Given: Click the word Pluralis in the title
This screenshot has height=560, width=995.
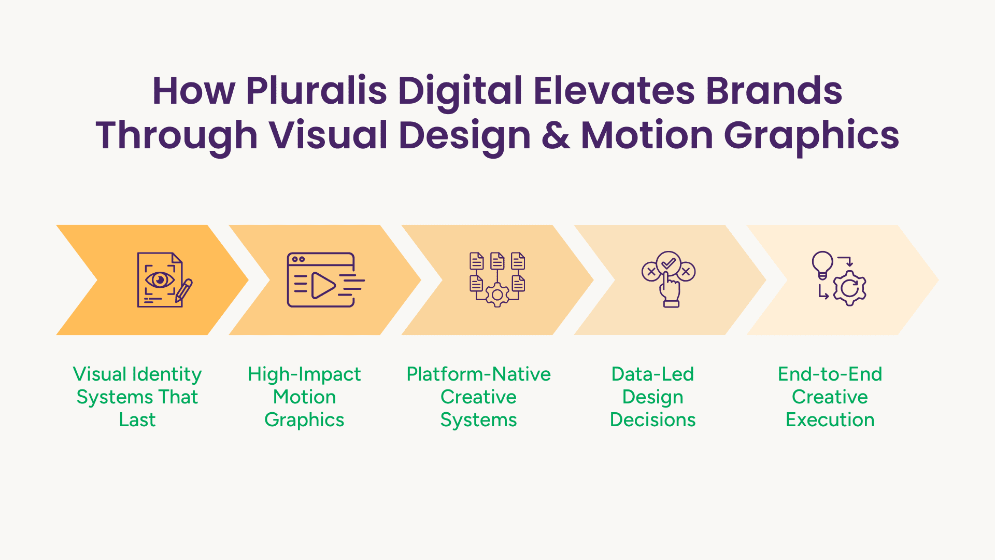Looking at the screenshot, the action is click(316, 91).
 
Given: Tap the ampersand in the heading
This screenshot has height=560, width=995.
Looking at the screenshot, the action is click(556, 135).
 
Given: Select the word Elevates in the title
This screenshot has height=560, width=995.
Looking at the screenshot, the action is click(614, 91).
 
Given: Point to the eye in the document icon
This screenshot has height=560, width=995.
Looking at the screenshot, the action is click(160, 280).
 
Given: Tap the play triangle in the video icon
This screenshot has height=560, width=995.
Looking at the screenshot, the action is click(323, 285).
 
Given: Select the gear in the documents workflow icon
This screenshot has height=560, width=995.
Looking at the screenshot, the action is click(497, 295).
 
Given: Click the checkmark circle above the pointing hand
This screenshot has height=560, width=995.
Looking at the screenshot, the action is click(669, 263).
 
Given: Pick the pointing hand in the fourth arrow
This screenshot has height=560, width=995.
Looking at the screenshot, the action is click(670, 290).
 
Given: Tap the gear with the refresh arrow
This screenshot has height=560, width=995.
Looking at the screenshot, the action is click(850, 288).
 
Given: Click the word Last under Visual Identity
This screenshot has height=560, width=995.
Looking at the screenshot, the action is click(137, 419).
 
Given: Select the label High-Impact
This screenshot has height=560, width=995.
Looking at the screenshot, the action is click(304, 374).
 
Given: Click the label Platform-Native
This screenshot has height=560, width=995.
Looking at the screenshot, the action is click(478, 374).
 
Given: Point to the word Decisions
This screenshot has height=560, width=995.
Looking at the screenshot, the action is click(652, 419).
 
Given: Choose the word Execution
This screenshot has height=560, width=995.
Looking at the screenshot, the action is click(830, 419).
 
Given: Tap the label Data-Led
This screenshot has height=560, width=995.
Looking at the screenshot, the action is click(652, 374).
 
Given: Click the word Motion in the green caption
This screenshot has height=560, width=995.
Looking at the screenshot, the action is click(304, 397).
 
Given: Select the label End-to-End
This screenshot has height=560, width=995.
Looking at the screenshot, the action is click(830, 374).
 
